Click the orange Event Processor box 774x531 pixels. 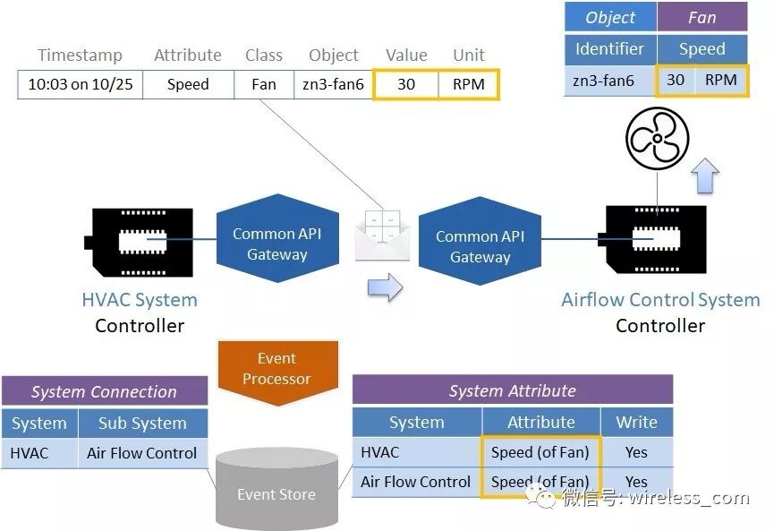[278, 371]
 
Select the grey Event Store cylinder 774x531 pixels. [276, 489]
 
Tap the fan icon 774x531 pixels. [657, 139]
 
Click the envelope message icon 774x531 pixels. [383, 236]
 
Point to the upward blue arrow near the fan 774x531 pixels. [705, 176]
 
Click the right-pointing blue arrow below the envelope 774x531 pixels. [385, 287]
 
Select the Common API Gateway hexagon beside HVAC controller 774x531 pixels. [277, 238]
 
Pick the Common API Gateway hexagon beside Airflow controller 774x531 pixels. [480, 241]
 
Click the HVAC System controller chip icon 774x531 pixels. [139, 242]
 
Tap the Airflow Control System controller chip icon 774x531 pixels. [652, 240]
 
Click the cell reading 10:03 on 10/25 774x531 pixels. [81, 84]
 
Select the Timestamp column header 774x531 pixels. [80, 55]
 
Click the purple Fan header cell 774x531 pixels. [702, 17]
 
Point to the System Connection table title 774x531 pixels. [104, 391]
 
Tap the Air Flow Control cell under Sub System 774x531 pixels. [142, 453]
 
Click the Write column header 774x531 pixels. [637, 423]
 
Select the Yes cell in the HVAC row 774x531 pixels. [637, 452]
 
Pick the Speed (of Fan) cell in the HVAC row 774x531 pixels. [540, 452]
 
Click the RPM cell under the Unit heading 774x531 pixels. [469, 84]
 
